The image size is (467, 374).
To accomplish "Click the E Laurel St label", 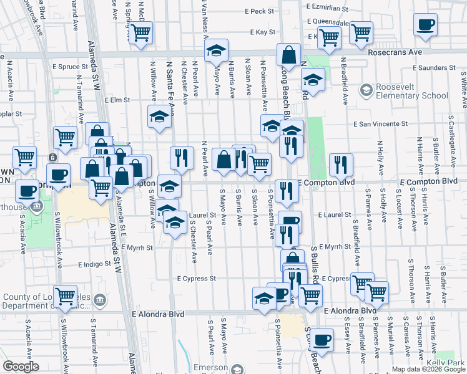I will tap(335, 214).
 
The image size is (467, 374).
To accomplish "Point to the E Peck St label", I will tap(255, 11).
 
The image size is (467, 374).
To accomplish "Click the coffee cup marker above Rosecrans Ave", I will tap(425, 25).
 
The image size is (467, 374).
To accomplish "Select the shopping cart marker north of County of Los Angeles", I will tap(66, 297).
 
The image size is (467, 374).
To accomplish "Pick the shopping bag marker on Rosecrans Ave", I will tap(289, 55).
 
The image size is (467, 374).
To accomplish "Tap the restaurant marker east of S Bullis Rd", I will tap(340, 165).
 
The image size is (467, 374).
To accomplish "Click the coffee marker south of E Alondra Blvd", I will tap(322, 340).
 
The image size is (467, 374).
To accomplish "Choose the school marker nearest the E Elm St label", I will tap(159, 117).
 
